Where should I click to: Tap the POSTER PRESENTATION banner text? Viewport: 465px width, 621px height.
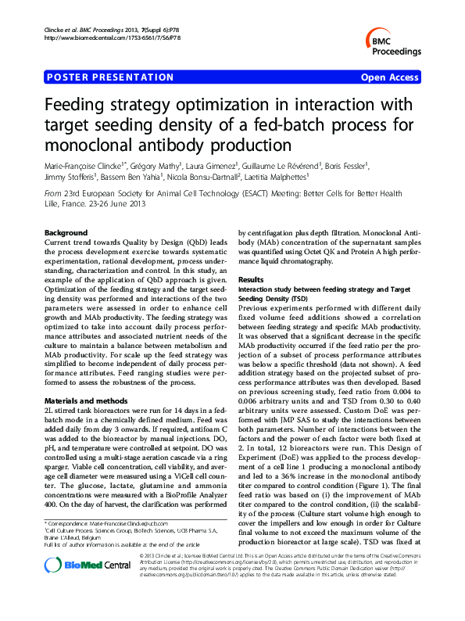click(x=110, y=77)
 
